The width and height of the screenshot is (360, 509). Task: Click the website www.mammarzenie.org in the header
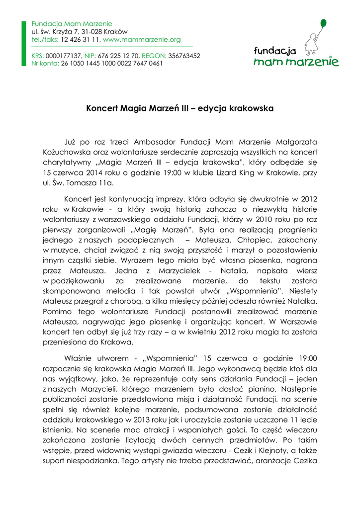pos(142,39)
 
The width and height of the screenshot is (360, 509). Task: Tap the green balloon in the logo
pos(323,23)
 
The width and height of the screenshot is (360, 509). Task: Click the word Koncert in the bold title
pos(102,108)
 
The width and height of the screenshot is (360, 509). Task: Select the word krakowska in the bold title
pos(252,108)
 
